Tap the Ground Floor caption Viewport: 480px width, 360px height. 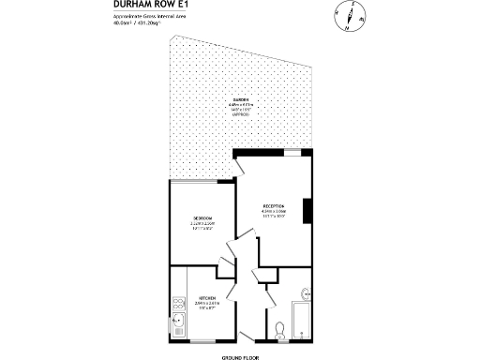[x=239, y=355]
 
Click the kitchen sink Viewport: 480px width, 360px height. [x=177, y=325]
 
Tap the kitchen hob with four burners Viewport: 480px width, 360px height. [x=177, y=304]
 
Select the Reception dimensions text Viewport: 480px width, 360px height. [x=274, y=215]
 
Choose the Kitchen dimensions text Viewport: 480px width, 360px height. [x=206, y=307]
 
